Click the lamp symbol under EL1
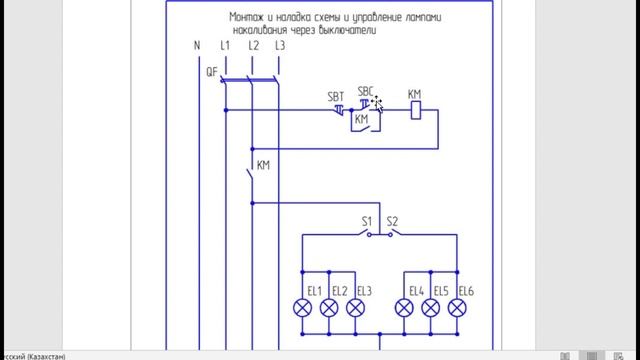[302, 309]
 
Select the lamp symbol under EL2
[328, 309]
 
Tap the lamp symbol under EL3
[354, 309]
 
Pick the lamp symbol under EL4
[405, 309]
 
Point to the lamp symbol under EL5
[432, 309]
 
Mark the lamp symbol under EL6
[458, 309]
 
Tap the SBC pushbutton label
[366, 89]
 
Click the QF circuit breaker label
[212, 72]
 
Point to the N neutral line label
[196, 46]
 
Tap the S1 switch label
[366, 220]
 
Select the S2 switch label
[392, 220]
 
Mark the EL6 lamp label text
[466, 291]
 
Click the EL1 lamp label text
[314, 291]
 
